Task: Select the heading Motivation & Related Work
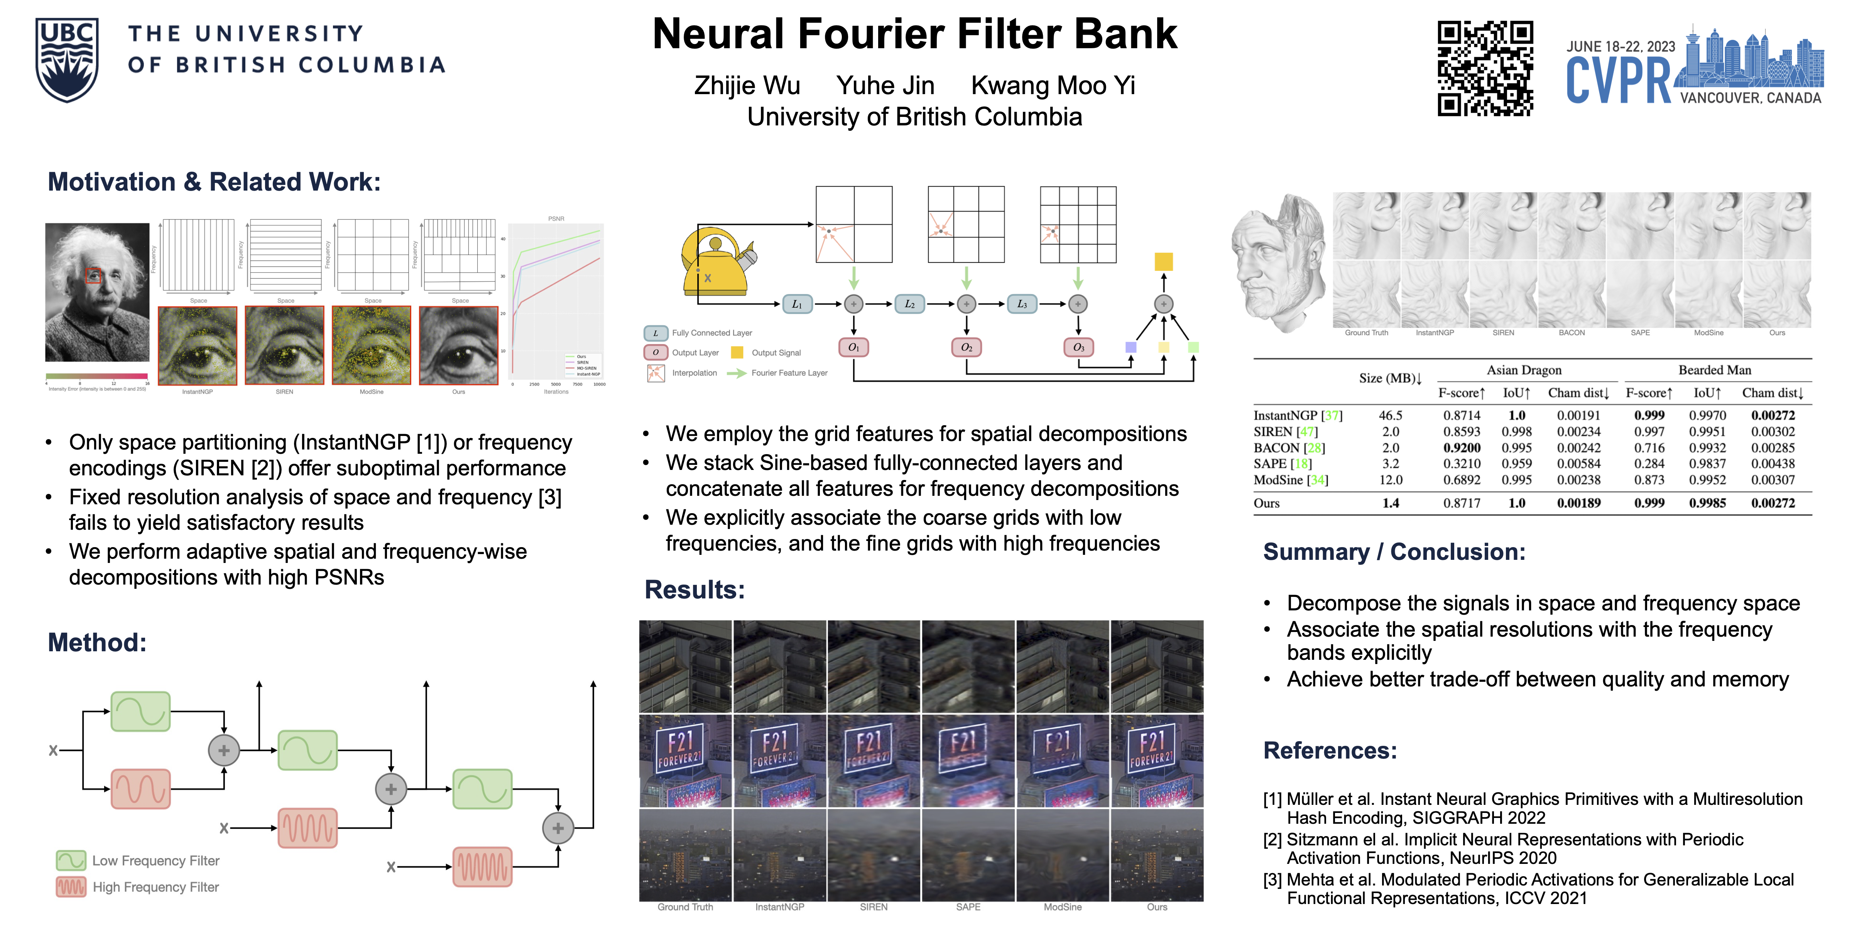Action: point(213,182)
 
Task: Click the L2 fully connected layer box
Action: point(909,304)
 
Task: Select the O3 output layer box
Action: point(1078,347)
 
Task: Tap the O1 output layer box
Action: point(853,347)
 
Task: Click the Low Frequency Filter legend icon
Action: point(71,860)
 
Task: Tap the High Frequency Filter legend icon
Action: point(71,887)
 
